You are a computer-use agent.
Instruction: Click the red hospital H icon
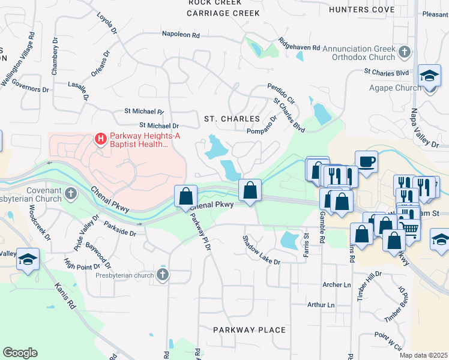pyautogui.click(x=101, y=139)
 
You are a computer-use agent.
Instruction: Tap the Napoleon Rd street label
pyautogui.click(x=181, y=35)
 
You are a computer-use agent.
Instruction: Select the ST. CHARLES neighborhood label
pyautogui.click(x=232, y=119)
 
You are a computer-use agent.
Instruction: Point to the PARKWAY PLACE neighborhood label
pyautogui.click(x=250, y=330)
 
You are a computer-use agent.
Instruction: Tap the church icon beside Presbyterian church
pyautogui.click(x=161, y=275)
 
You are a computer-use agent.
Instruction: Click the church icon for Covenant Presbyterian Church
pyautogui.click(x=71, y=193)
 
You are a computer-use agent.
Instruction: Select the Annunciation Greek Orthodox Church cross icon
pyautogui.click(x=405, y=53)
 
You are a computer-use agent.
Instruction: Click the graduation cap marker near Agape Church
pyautogui.click(x=429, y=76)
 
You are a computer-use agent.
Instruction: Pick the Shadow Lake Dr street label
pyautogui.click(x=262, y=250)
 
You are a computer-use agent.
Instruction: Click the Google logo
pyautogui.click(x=20, y=353)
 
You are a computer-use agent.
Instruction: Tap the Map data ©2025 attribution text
pyautogui.click(x=423, y=355)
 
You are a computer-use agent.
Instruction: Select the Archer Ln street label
pyautogui.click(x=336, y=284)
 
